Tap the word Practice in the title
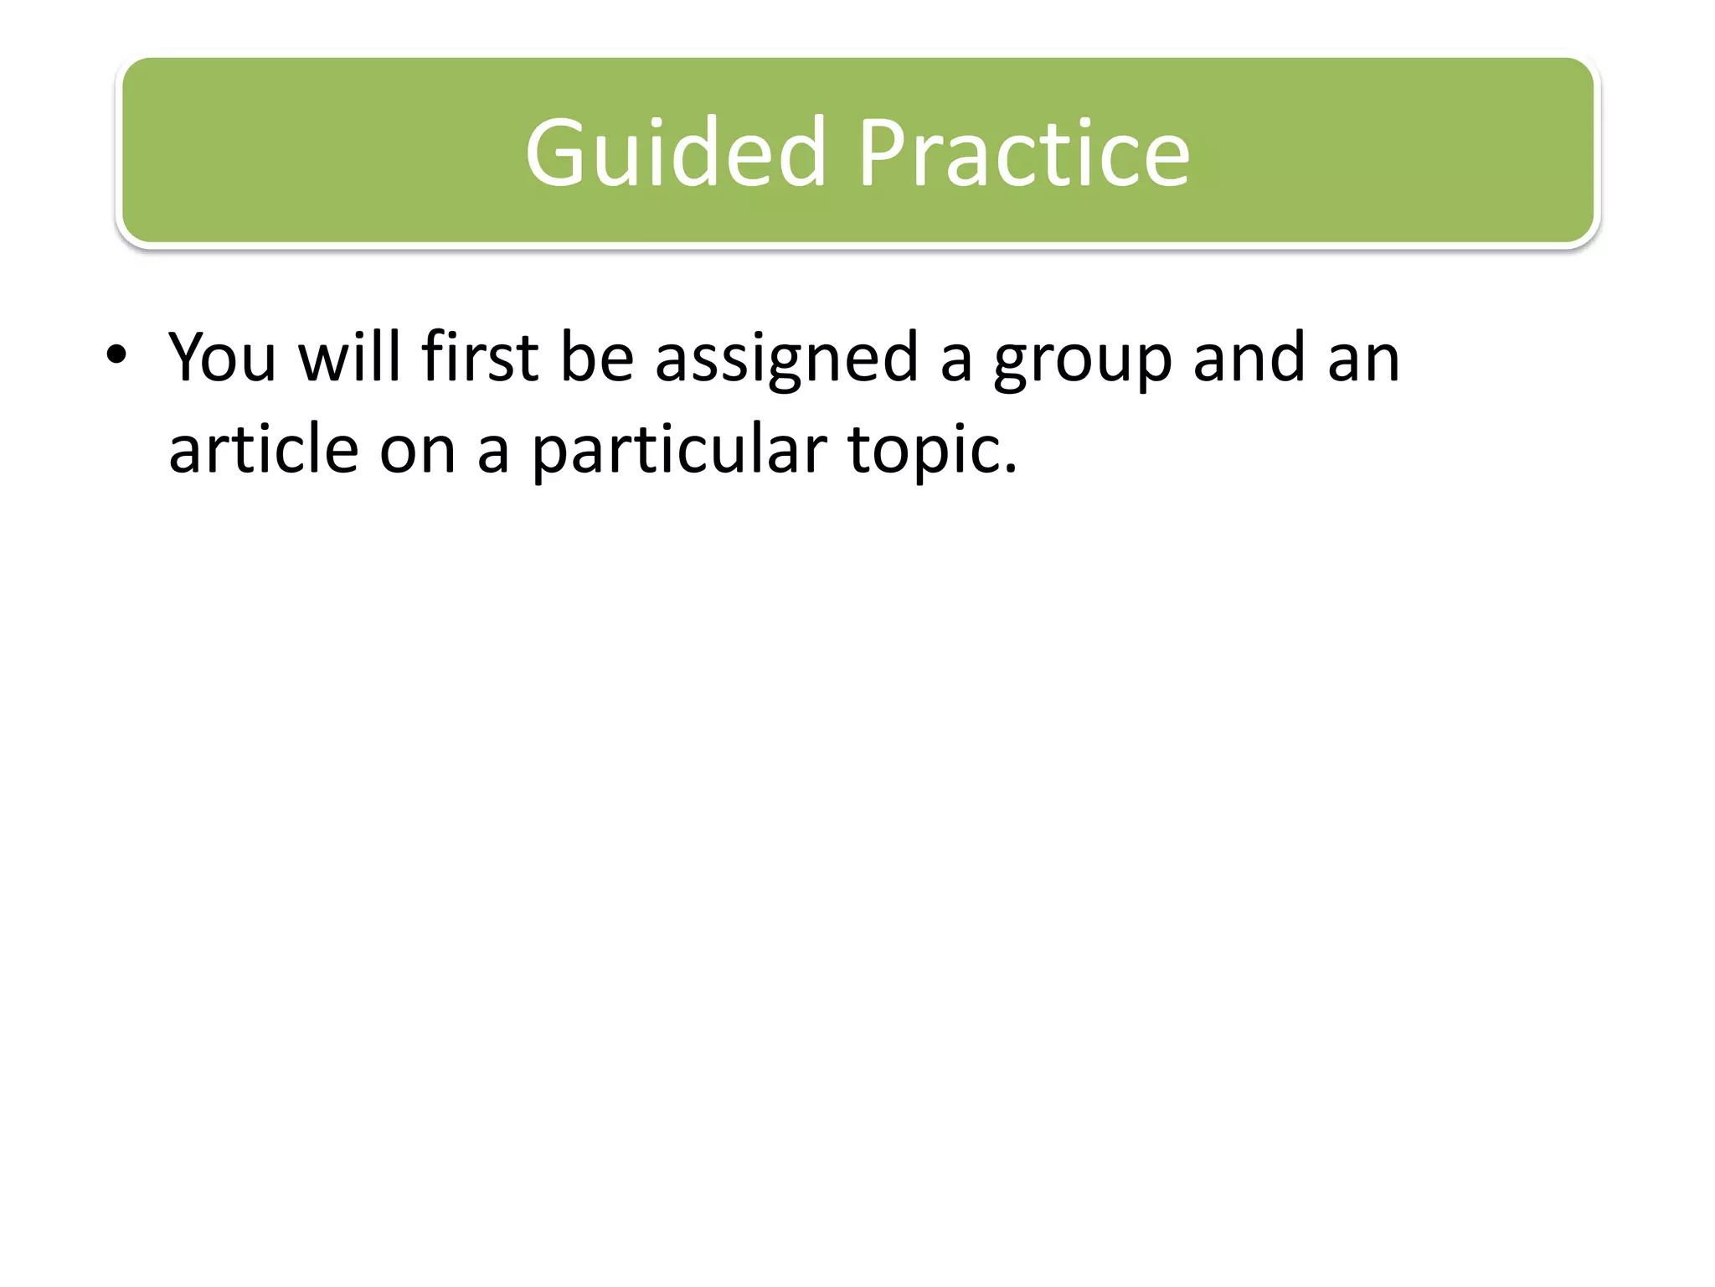click(x=1022, y=153)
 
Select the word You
click(x=222, y=357)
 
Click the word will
click(x=350, y=357)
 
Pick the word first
click(x=480, y=357)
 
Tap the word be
click(x=596, y=357)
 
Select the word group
click(x=1082, y=365)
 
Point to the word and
click(x=1249, y=357)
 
